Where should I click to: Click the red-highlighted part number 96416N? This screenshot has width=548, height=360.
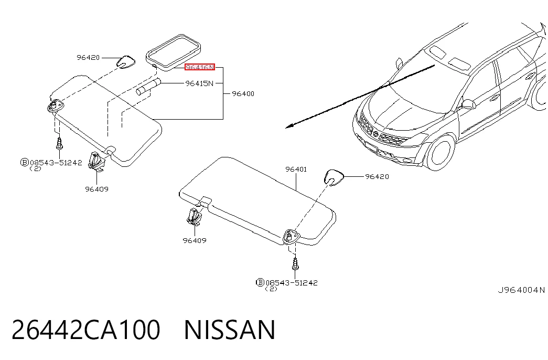(200, 67)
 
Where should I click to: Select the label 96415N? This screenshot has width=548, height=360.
(199, 83)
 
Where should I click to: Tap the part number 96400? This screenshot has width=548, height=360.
(243, 94)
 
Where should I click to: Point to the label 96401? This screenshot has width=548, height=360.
(296, 170)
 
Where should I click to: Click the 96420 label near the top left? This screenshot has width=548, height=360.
(88, 57)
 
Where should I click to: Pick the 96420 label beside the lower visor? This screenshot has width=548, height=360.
(377, 177)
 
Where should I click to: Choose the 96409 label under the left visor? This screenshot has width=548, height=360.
(97, 189)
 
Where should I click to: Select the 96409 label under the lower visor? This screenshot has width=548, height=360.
(195, 241)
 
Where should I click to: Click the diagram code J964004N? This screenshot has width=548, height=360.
(521, 290)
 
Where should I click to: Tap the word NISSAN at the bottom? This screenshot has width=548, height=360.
(230, 330)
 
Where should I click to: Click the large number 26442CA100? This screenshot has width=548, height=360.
(86, 330)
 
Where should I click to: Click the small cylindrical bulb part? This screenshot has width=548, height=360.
(148, 87)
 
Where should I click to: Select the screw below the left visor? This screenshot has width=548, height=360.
(59, 144)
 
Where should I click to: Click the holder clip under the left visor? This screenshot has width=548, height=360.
(96, 161)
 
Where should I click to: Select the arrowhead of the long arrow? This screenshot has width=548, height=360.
(289, 126)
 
